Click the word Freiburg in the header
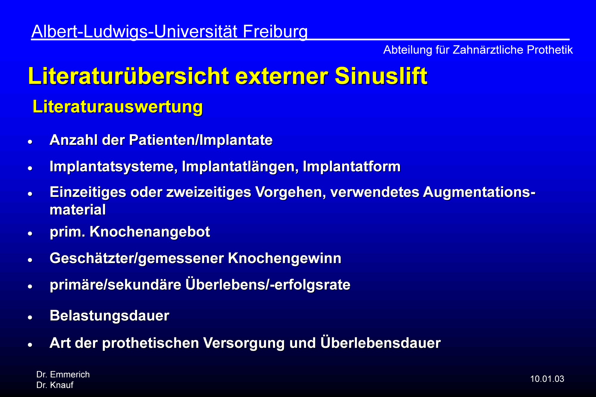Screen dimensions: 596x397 click(x=275, y=32)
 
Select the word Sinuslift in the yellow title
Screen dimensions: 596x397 click(x=381, y=76)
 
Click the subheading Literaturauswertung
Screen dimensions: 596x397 click(x=118, y=107)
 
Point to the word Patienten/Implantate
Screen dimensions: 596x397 click(x=201, y=140)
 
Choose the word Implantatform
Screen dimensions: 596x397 click(x=352, y=166)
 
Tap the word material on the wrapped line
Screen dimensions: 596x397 click(x=78, y=210)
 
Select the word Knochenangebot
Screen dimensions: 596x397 click(x=150, y=232)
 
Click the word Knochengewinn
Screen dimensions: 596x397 click(x=285, y=258)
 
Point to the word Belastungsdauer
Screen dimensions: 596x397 click(x=109, y=316)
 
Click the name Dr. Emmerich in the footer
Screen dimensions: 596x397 click(x=63, y=374)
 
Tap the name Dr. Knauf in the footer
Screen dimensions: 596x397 click(x=55, y=385)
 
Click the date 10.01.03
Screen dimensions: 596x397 click(x=547, y=379)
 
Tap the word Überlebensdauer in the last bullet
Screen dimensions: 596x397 click(x=381, y=342)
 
